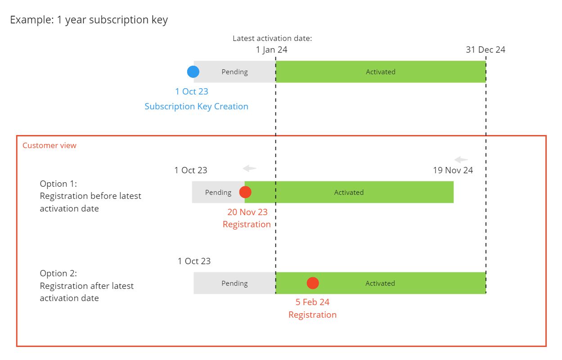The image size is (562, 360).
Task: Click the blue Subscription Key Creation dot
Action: point(193,72)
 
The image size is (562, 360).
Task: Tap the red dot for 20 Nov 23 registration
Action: point(245,192)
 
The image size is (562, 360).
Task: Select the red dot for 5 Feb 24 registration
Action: point(313,283)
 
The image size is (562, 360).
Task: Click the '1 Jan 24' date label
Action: point(271,49)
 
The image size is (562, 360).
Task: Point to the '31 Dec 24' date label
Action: point(486,49)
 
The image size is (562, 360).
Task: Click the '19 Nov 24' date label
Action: point(453,170)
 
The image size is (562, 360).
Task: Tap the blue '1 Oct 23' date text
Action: point(192,91)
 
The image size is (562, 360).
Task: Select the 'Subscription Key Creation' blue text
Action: point(196,107)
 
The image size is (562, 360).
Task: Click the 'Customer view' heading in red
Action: point(49,145)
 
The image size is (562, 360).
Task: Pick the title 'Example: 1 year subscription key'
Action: point(89,20)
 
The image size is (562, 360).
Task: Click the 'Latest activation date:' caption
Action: point(272,38)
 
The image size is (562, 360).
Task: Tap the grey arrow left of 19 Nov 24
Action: point(461,160)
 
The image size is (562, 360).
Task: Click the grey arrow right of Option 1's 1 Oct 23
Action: point(250,169)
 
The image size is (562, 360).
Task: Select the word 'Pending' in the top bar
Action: point(234,72)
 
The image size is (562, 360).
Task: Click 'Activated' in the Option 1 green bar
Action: point(349,193)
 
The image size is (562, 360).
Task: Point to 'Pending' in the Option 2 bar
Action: point(234,283)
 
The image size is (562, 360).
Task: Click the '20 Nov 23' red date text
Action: point(247,212)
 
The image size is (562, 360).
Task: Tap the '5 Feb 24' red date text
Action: point(312,302)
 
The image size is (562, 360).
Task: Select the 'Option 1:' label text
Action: point(58,184)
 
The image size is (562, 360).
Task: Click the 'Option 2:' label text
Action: point(58,274)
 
